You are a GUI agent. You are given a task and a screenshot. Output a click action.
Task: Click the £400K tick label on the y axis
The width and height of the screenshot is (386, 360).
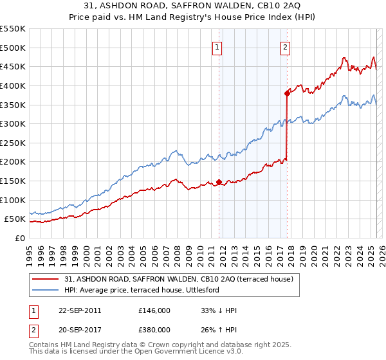13,85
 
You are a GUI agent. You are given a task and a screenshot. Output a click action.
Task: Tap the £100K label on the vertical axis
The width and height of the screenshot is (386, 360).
13,200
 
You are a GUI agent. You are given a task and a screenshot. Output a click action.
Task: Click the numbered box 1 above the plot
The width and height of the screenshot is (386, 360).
217,47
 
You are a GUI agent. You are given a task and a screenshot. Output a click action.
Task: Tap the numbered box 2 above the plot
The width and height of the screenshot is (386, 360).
284,47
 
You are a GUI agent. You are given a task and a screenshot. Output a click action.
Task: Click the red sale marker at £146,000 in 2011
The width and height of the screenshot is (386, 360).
219,182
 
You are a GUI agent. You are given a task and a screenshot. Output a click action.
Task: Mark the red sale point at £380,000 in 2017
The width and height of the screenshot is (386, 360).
287,93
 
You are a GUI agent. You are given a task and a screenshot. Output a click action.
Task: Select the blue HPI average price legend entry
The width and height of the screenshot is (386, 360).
142,291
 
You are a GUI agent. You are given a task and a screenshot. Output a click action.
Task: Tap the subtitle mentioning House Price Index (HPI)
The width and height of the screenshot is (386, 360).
192,18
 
